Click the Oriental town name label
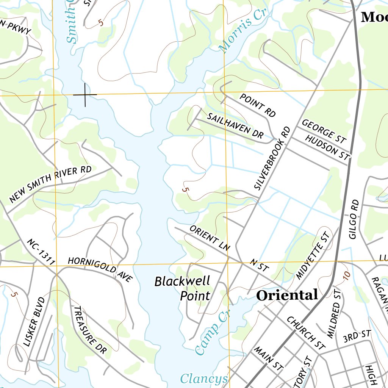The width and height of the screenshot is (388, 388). coord(287,295)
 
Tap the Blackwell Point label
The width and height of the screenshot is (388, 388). coord(182,288)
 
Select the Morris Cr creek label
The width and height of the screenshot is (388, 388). coord(243,30)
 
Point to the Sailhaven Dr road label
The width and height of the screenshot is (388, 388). coord(235,125)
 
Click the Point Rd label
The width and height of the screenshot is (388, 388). coord(258,105)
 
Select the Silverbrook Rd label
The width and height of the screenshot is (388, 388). coord(272,158)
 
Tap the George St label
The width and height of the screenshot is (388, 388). coord(324,131)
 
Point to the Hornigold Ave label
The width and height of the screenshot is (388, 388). coord(100,269)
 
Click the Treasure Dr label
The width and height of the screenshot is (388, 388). coord(90,330)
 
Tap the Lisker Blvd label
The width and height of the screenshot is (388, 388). coord(34,322)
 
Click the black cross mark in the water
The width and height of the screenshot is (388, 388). coord(85,94)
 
